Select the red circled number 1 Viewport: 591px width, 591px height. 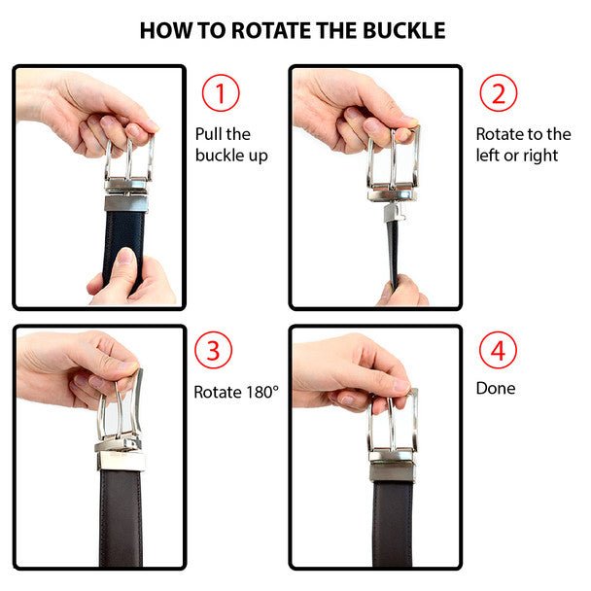(221, 93)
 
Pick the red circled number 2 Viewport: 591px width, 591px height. (499, 93)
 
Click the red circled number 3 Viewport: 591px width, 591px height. (213, 350)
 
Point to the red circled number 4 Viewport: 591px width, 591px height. (498, 350)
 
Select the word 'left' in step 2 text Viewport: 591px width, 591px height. (487, 155)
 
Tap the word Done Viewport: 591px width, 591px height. (496, 388)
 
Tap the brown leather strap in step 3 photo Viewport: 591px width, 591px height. (121, 517)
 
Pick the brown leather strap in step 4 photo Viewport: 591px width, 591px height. (393, 524)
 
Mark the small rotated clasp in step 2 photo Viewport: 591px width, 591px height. (395, 213)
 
